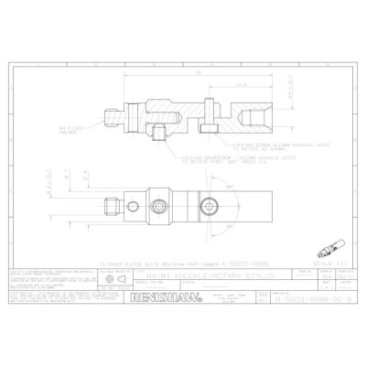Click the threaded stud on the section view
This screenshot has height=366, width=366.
[x=113, y=118]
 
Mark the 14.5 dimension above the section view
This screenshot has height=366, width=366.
[x=239, y=85]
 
